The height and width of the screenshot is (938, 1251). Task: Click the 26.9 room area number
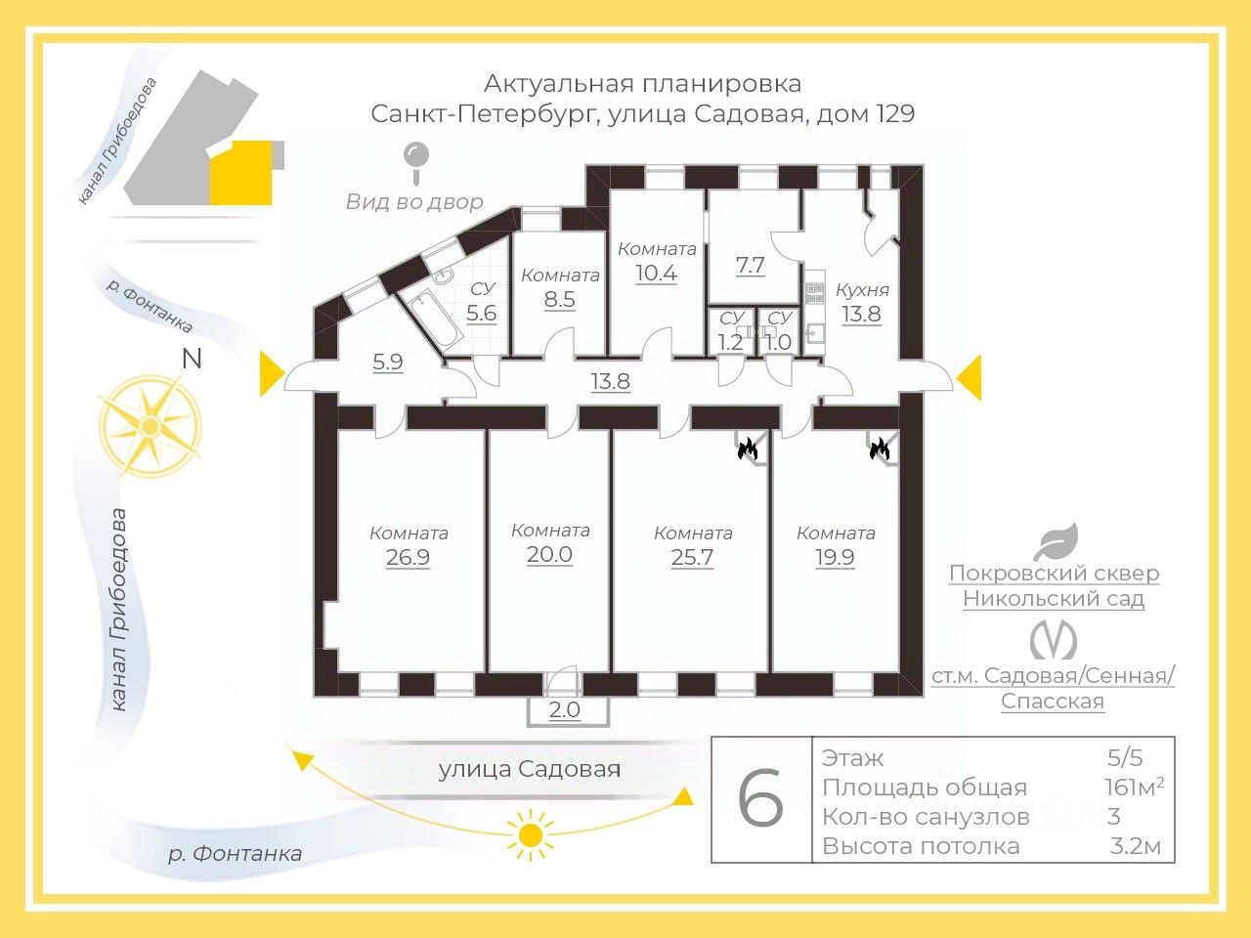pyautogui.click(x=408, y=556)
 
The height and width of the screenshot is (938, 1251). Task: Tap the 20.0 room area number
pyautogui.click(x=549, y=554)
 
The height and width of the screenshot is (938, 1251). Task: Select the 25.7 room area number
pyautogui.click(x=692, y=556)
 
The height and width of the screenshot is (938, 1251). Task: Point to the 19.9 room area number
pyautogui.click(x=835, y=556)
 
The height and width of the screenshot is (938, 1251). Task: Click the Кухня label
pyautogui.click(x=862, y=290)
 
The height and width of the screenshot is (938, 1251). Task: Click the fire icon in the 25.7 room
pyautogui.click(x=748, y=448)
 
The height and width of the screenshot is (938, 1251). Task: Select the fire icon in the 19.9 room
pyautogui.click(x=880, y=448)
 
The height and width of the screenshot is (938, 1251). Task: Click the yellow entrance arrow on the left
pyautogui.click(x=273, y=373)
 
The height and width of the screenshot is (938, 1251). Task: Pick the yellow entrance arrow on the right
pyautogui.click(x=969, y=377)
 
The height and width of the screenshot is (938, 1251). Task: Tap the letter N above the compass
pyautogui.click(x=192, y=359)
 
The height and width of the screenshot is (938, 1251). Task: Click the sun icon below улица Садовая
pyautogui.click(x=531, y=834)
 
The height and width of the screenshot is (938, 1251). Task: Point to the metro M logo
pyautogui.click(x=1054, y=639)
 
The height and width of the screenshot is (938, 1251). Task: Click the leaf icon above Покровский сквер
pyautogui.click(x=1057, y=541)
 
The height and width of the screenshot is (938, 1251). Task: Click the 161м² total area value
pyautogui.click(x=1134, y=788)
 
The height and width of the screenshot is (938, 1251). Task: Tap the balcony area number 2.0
pyautogui.click(x=565, y=709)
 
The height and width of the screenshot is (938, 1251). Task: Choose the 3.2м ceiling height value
pyautogui.click(x=1136, y=846)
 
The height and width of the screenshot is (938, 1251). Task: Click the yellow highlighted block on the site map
pyautogui.click(x=241, y=173)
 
